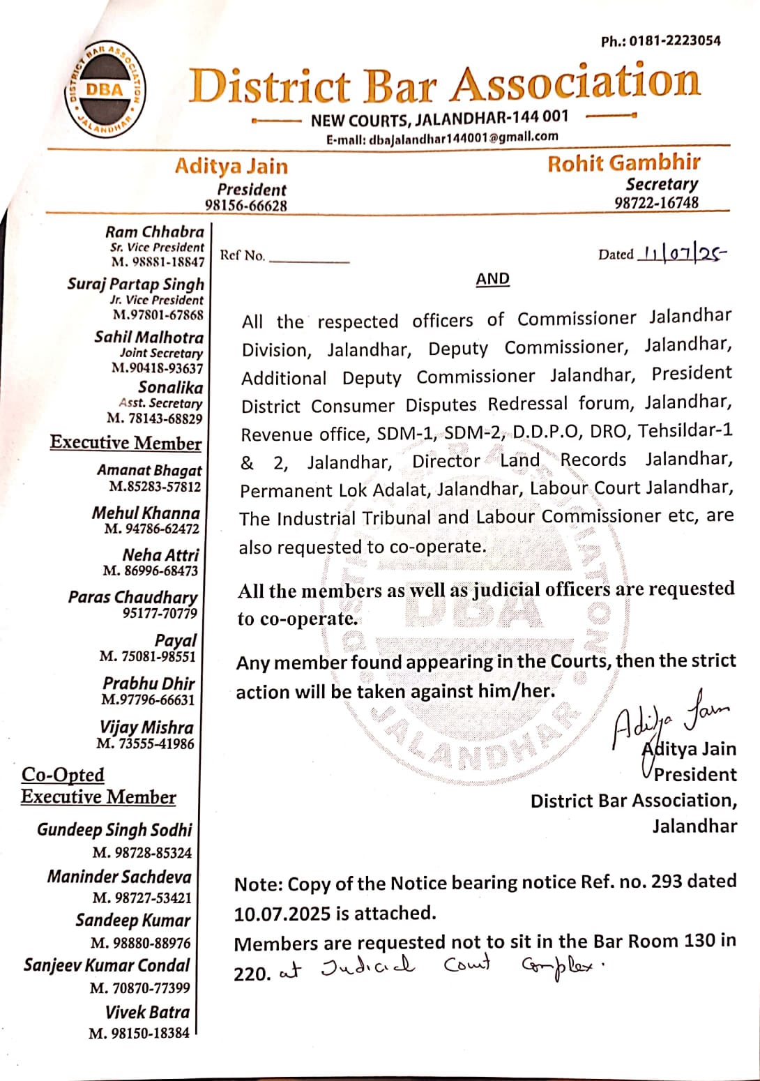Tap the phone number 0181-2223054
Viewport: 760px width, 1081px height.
(674, 41)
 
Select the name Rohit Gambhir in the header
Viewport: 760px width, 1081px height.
(623, 163)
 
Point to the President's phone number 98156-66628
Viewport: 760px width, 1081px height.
(245, 206)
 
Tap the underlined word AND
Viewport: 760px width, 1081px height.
(492, 279)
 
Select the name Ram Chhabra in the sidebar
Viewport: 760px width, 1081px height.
(155, 232)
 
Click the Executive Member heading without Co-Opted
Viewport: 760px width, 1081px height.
(126, 443)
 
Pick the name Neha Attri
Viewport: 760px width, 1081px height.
(160, 555)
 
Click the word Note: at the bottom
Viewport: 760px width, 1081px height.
(258, 885)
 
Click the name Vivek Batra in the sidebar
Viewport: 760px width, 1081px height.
(147, 1012)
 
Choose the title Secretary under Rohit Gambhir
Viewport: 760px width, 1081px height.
(661, 184)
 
